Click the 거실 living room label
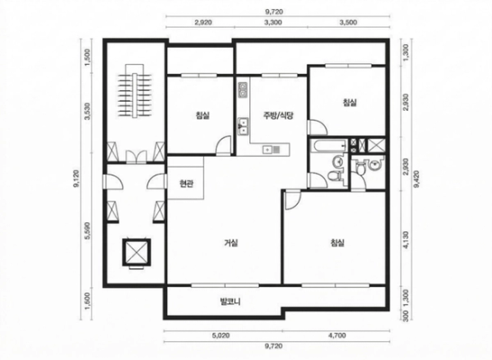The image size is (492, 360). point(231,243)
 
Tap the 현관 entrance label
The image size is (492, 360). point(186,184)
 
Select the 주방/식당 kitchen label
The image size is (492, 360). point(278,115)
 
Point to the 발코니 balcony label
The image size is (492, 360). point(229,301)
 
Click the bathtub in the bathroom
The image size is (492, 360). point(328,146)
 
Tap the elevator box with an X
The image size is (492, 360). point(137,252)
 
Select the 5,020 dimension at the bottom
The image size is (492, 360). point(220,335)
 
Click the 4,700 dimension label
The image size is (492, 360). point(337,335)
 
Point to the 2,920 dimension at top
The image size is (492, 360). point(203,22)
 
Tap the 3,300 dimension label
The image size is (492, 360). point(273,22)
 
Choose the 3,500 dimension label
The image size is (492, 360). point(348,22)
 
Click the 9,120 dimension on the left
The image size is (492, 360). point(76,179)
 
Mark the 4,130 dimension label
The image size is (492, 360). point(407,240)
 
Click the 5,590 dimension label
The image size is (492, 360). point(87,230)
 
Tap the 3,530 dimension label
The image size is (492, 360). point(87,111)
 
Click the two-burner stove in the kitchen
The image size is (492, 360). point(243,90)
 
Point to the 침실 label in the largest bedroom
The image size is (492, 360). point(337,243)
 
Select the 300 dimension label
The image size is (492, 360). point(407,314)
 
